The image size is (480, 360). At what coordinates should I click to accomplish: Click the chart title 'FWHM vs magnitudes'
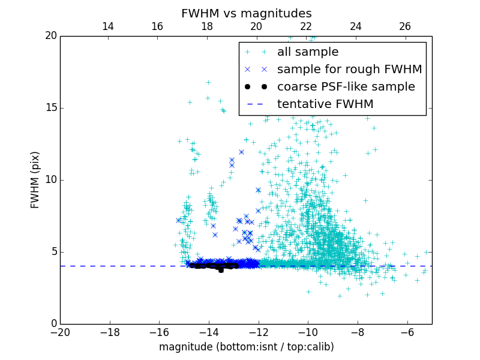pos(246,13)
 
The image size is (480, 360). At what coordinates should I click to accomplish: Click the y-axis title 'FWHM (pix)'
pos(35,179)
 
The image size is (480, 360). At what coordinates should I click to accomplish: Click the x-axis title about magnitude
pos(246,347)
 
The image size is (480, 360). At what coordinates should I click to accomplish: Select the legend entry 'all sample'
pos(308,52)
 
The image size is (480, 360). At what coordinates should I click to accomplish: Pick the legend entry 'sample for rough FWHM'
pos(349,70)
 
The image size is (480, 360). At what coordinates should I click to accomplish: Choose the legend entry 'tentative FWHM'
pos(325,104)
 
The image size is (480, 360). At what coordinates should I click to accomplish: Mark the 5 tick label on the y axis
pos(53,252)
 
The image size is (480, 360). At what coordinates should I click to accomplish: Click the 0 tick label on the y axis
pos(53,324)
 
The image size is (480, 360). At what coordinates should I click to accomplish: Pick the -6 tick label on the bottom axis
pos(407,332)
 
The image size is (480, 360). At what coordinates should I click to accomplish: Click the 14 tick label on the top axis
pos(108,26)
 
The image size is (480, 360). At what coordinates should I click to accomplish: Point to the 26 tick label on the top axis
pos(405,26)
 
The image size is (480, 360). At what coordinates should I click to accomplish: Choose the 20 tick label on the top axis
pos(256,26)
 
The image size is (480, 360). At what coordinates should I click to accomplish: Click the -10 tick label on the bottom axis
pos(308,332)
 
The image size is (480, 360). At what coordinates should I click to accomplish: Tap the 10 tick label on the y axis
pos(50,180)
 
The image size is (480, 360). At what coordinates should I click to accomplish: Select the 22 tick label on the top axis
pos(306,26)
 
